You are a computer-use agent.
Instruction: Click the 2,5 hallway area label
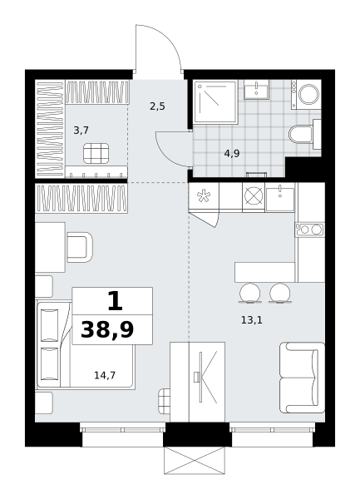pyautogui.click(x=157, y=106)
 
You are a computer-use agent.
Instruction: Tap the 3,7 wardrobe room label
pyautogui.click(x=81, y=131)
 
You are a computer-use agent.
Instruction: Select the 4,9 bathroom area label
pyautogui.click(x=232, y=154)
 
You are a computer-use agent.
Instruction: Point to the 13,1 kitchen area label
pyautogui.click(x=252, y=320)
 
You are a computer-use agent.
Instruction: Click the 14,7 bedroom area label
pyautogui.click(x=105, y=376)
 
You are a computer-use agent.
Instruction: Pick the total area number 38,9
pyautogui.click(x=107, y=329)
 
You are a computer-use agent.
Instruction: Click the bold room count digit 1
pyautogui.click(x=115, y=301)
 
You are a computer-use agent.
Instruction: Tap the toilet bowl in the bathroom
pyautogui.click(x=301, y=134)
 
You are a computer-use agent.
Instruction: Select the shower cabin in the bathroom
pyautogui.click(x=215, y=101)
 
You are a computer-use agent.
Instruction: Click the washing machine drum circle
pyautogui.click(x=308, y=94)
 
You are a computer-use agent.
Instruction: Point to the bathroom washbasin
pyautogui.click(x=256, y=90)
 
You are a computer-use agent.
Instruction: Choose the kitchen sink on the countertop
pyautogui.click(x=280, y=200)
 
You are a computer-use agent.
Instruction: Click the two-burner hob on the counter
pyautogui.click(x=309, y=230)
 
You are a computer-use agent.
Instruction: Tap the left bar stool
pyautogui.click(x=249, y=293)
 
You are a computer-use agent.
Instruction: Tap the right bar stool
pyautogui.click(x=280, y=293)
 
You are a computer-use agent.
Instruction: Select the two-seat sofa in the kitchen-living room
pyautogui.click(x=302, y=378)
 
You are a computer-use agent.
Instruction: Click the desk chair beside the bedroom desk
pyautogui.click(x=80, y=247)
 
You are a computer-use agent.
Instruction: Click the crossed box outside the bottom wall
pyautogui.click(x=195, y=460)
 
